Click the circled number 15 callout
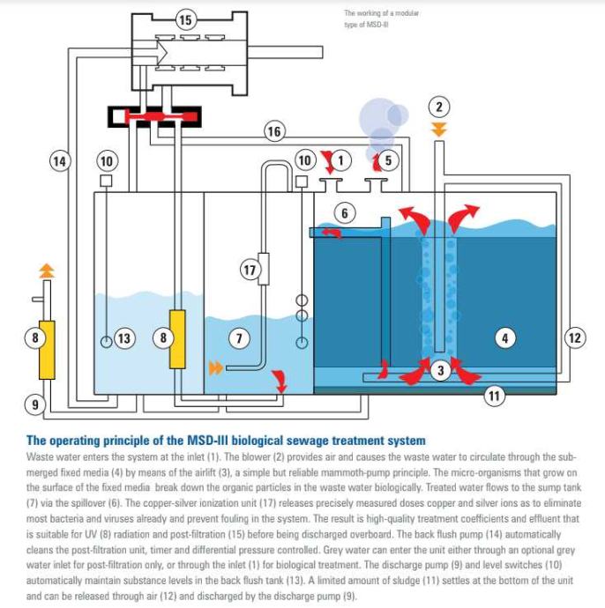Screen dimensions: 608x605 pos(183,19)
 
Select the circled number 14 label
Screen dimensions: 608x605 pos(58,161)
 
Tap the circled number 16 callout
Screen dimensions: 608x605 pos(274,131)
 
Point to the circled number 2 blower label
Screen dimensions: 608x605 pos(439,108)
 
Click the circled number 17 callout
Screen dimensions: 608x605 pos(250,271)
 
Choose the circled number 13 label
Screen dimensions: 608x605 pos(124,337)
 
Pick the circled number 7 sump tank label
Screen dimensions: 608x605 pos(236,337)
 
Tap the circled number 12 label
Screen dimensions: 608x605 pos(574,337)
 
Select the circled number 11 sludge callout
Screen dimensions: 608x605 pos(494,397)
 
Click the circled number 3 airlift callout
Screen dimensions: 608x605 pos(441,371)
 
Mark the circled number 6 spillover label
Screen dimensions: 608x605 pos(345,212)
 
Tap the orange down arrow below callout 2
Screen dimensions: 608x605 pos(439,130)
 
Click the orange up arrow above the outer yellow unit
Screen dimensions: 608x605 pos(48,265)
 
